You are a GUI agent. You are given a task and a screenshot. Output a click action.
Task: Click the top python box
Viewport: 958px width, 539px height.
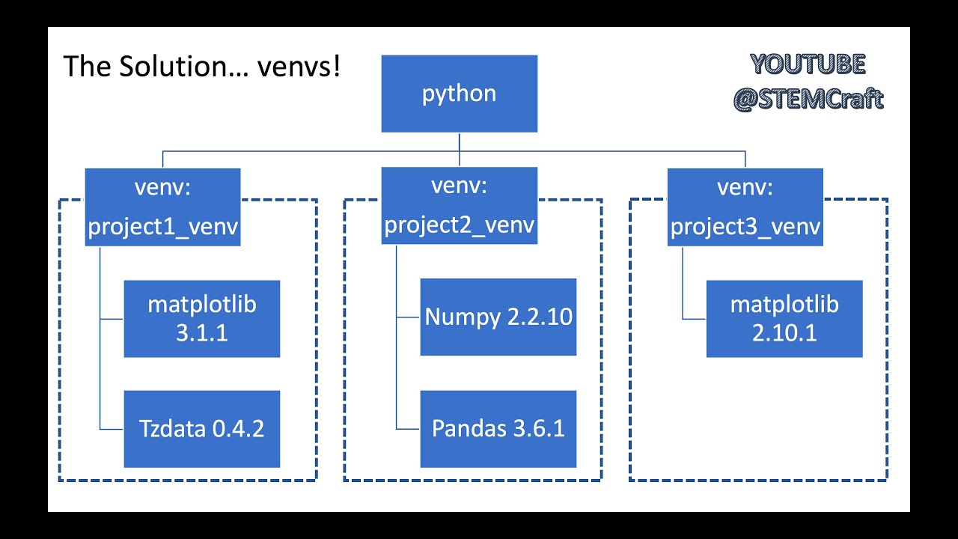point(459,94)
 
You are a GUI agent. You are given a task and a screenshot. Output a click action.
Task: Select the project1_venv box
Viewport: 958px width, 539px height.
point(162,207)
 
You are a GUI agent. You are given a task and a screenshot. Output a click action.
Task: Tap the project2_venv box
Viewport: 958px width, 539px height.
point(459,206)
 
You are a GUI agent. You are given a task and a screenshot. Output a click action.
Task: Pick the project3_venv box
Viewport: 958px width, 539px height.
point(745,207)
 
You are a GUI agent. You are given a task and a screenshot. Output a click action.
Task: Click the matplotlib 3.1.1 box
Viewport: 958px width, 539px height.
point(201,319)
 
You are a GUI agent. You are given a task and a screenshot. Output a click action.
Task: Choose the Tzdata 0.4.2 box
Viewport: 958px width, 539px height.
point(201,429)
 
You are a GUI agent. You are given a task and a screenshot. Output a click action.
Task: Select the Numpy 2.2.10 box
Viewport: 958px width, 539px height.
point(498,317)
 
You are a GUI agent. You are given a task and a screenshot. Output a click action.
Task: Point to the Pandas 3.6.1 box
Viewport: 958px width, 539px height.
point(498,429)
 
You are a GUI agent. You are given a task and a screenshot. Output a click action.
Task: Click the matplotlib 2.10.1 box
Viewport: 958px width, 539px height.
point(784,319)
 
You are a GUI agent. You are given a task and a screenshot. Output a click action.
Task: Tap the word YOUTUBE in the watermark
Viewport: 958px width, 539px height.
point(808,65)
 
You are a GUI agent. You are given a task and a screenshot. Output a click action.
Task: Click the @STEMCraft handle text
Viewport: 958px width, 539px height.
point(808,99)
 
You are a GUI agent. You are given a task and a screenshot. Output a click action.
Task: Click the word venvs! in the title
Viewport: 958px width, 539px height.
point(299,66)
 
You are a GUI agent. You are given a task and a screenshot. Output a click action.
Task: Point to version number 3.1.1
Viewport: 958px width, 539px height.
point(201,333)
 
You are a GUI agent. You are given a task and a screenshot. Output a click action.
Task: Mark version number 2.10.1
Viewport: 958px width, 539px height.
point(784,333)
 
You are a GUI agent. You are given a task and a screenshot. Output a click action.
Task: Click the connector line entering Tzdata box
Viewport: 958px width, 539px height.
point(112,429)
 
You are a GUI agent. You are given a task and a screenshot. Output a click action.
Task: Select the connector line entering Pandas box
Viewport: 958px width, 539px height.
point(408,429)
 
